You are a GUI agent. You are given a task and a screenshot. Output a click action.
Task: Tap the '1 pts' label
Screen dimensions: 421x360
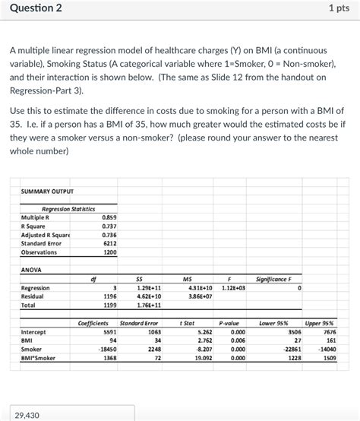click(x=339, y=9)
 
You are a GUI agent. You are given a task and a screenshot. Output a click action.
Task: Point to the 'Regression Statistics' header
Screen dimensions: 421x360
click(x=68, y=208)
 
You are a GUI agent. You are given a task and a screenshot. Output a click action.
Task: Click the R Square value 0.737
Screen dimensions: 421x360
click(x=109, y=226)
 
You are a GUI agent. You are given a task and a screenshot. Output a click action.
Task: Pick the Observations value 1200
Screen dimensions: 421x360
click(x=109, y=252)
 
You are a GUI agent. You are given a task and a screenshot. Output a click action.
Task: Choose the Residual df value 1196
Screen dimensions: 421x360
click(x=109, y=296)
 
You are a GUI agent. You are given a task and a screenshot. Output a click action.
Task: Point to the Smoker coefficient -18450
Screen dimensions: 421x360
click(x=107, y=349)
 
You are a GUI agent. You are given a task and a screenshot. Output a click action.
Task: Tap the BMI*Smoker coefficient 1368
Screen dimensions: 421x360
click(x=109, y=357)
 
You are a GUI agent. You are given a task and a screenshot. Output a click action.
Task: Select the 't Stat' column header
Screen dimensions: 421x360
click(x=187, y=323)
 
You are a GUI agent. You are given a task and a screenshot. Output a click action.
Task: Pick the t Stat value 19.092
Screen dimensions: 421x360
click(x=204, y=357)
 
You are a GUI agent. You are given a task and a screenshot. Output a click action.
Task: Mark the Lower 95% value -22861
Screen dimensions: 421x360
click(x=290, y=349)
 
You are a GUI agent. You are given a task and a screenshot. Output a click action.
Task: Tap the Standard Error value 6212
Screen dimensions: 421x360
click(x=109, y=243)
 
